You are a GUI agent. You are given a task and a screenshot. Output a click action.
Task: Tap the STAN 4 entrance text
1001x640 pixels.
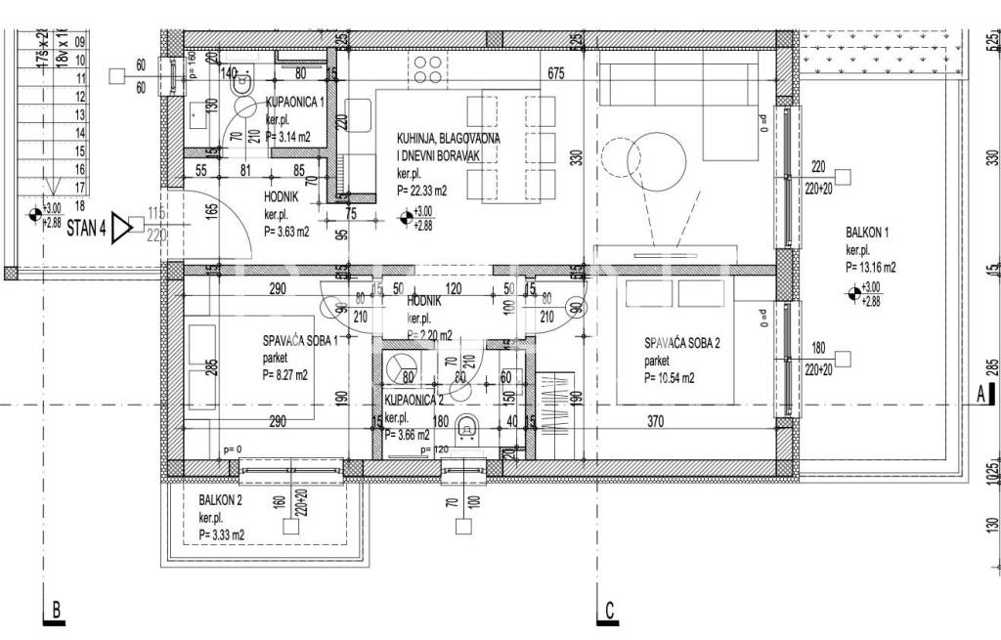(x=87, y=231)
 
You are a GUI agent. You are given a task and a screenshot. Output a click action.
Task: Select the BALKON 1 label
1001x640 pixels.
(x=867, y=233)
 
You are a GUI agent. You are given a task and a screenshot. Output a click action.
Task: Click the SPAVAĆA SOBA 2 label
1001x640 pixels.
(x=682, y=343)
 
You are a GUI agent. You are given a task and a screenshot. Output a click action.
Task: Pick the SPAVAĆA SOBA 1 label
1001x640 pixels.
(x=300, y=341)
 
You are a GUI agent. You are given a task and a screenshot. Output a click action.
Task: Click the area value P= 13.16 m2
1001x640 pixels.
(x=872, y=266)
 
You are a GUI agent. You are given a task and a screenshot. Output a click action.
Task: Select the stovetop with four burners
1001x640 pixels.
(x=426, y=69)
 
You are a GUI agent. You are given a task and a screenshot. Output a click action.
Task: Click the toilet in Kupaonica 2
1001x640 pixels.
(x=467, y=427)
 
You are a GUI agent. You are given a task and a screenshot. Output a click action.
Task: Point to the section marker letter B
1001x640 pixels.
(x=56, y=612)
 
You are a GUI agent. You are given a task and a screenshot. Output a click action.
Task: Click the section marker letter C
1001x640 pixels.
(x=608, y=612)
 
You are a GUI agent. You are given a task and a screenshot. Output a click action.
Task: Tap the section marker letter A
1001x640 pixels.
(x=979, y=395)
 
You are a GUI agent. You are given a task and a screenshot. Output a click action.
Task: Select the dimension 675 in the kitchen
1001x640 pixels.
(x=556, y=72)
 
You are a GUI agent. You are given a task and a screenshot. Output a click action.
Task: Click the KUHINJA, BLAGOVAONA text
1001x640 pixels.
(x=449, y=139)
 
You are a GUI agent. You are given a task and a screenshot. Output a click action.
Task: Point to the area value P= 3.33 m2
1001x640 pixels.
(x=221, y=534)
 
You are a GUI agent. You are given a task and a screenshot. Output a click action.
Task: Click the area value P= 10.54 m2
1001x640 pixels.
(x=669, y=378)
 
